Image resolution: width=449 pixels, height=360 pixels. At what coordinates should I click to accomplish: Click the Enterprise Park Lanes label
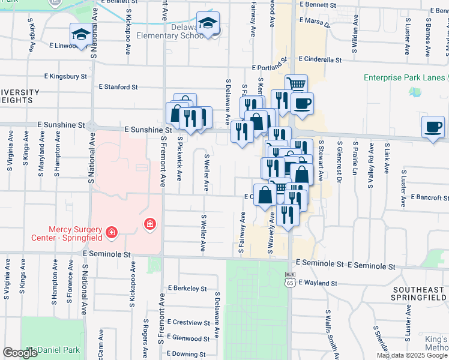(405, 77)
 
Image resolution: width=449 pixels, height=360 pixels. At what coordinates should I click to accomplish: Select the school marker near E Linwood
(80, 35)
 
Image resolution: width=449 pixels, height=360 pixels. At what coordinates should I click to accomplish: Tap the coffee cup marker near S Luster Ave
(433, 127)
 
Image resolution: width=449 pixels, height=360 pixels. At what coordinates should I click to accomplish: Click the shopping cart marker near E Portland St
(296, 85)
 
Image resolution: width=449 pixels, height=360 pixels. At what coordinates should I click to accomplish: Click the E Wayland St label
(320, 282)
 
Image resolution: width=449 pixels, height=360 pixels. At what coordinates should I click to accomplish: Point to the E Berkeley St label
(188, 288)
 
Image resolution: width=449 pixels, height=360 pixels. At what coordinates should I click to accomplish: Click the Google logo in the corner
(20, 353)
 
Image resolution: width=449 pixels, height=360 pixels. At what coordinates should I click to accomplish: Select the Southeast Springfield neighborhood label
(418, 293)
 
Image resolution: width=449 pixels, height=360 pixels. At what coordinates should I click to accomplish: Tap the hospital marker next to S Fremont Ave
(149, 224)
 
